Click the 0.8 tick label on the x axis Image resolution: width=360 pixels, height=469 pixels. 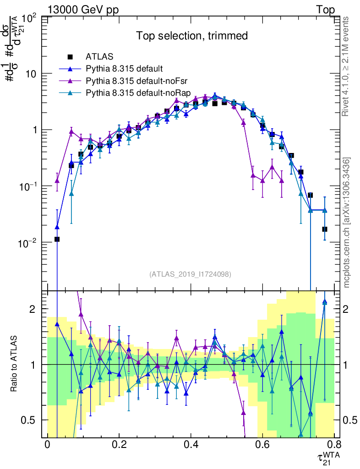(x=333, y=444)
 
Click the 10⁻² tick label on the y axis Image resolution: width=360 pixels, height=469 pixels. (x=30, y=243)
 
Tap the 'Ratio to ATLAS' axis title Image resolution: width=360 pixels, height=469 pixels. (x=15, y=364)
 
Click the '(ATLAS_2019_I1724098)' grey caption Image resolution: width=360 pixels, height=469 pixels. (x=190, y=274)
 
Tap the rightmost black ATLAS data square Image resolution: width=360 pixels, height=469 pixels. (x=324, y=229)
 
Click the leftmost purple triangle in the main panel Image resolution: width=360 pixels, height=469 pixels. (x=57, y=181)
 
